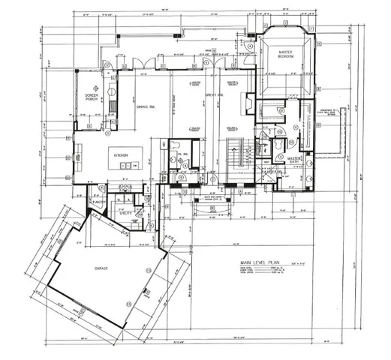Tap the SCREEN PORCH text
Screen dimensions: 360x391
point(92,97)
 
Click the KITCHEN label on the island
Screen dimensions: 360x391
point(122,154)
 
